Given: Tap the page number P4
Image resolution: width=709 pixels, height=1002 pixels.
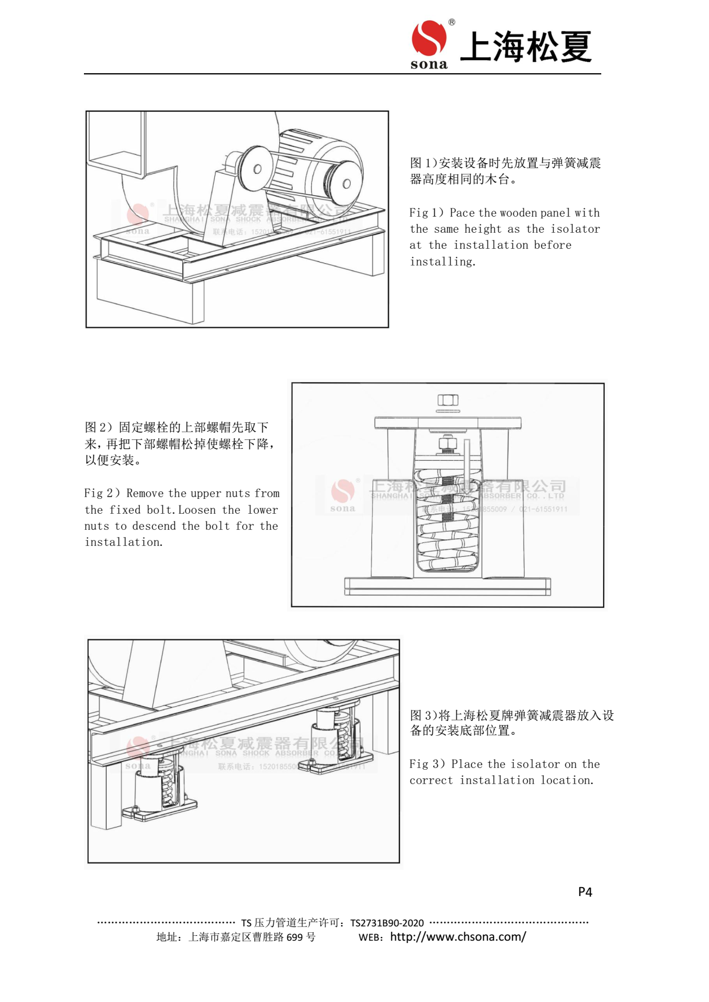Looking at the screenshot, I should point(585,892).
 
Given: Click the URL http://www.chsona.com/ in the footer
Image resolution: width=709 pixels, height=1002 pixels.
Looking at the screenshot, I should point(458,937).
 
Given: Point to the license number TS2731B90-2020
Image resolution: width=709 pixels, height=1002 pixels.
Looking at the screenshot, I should point(387,923).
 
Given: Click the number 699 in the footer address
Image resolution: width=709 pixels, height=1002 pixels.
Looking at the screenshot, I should point(294,937).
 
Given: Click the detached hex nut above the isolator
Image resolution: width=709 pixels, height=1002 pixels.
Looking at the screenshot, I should point(448,400).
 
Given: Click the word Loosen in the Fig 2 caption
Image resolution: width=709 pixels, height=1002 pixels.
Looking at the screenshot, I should point(196,510).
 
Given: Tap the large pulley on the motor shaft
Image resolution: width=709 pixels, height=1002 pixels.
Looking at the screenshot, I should point(345,182).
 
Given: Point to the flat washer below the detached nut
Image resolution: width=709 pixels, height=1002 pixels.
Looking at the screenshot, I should point(448,411).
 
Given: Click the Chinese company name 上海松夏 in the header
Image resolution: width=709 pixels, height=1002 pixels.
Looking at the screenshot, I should point(526,47).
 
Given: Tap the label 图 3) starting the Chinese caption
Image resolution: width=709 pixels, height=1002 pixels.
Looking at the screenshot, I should point(423,716).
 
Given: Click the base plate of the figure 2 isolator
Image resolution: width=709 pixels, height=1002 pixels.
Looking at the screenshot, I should point(447,586).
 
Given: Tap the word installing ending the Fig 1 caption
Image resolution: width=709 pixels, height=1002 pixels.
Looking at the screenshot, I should point(442,262).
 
